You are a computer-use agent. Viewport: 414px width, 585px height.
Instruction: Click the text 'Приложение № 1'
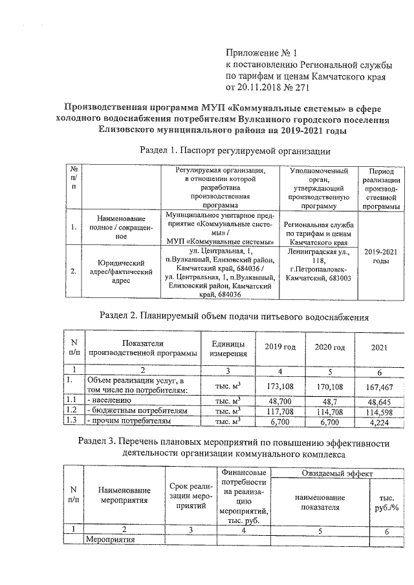point(259,52)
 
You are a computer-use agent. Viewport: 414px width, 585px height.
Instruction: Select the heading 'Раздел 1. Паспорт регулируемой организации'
point(235,151)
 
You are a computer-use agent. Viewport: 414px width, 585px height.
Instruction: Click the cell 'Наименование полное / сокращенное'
point(121,228)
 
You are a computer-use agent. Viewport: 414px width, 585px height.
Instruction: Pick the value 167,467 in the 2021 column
point(379,387)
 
